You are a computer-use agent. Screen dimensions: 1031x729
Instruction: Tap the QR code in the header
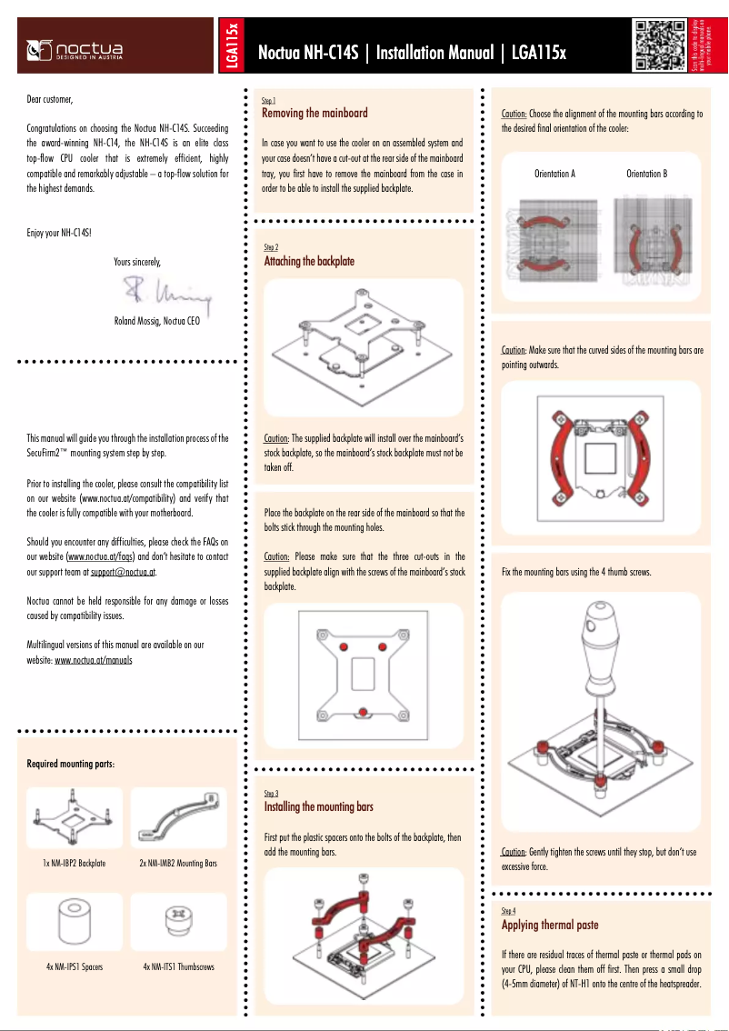[658, 44]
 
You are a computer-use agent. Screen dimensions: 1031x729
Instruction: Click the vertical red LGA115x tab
[233, 45]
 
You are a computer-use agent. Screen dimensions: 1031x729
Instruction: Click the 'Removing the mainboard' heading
[315, 114]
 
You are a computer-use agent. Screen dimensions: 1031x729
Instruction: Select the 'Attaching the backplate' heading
[309, 262]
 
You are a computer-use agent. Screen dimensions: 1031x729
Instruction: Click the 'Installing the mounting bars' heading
[318, 807]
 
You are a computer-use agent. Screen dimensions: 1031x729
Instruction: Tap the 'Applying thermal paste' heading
[550, 926]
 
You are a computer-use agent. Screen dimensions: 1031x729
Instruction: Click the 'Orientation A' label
[554, 174]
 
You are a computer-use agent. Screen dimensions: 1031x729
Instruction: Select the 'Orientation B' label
[647, 174]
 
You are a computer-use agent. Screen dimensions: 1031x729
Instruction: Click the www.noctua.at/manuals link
[94, 660]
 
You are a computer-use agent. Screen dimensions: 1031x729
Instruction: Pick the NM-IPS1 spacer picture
[75, 922]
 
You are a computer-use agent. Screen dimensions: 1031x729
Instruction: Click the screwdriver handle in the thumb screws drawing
[596, 650]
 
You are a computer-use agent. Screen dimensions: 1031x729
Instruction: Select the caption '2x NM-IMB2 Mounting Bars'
[178, 863]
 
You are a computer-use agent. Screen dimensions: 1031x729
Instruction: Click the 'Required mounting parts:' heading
[71, 764]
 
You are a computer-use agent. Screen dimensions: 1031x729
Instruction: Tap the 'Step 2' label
[271, 247]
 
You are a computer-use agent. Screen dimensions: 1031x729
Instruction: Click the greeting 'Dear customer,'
[49, 99]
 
